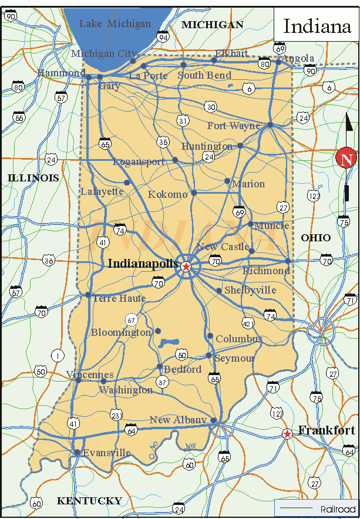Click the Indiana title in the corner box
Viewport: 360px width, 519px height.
point(317,26)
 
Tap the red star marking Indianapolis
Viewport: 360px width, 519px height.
point(186,267)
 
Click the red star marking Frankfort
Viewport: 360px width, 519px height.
point(287,434)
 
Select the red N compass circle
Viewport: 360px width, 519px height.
point(346,159)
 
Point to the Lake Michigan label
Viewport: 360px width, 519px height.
point(115,24)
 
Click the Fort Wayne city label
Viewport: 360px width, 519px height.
point(234,126)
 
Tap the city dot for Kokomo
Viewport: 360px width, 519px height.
point(194,192)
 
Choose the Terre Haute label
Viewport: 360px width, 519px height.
point(119,299)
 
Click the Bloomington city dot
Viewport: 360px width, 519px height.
point(157,331)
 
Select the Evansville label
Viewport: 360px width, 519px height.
point(106,453)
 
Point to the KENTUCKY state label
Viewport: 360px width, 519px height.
point(89,501)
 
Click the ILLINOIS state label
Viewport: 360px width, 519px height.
point(33,178)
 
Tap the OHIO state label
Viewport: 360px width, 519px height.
point(315,238)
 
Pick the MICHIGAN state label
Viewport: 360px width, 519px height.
point(212,25)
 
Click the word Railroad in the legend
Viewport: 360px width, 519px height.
point(338,508)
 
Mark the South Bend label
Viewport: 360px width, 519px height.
point(204,76)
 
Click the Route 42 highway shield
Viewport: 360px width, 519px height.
point(248,323)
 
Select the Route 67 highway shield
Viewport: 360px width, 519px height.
point(131,320)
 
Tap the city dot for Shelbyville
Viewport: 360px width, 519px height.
point(219,291)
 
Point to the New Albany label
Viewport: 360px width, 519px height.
point(178,420)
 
